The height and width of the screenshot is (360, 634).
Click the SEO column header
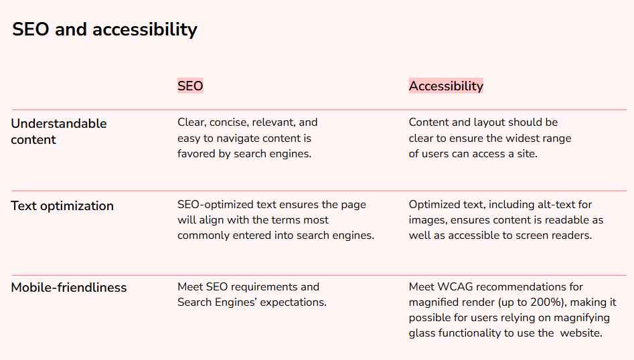pos(190,86)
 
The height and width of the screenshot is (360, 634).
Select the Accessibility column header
pos(446,86)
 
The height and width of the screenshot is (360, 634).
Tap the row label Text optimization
pos(62,206)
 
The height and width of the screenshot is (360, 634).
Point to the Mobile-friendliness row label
pos(69,287)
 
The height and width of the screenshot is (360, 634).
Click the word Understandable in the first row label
pos(59,124)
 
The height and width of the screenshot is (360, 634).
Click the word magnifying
pos(581,318)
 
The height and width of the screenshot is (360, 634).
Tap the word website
pos(581,333)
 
